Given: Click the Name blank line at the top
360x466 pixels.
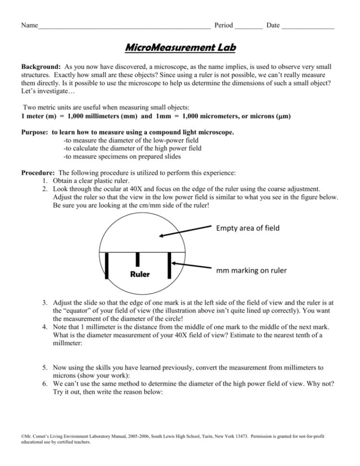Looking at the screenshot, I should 124,26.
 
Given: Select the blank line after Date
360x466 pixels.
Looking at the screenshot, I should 308,26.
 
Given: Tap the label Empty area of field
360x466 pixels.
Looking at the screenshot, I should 248,228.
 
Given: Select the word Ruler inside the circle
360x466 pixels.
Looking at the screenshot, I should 140,275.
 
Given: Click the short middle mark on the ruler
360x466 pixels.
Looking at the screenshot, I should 137,259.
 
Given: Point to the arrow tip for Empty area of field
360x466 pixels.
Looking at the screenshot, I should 161,236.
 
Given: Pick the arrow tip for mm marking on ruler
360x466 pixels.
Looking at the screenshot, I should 174,262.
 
